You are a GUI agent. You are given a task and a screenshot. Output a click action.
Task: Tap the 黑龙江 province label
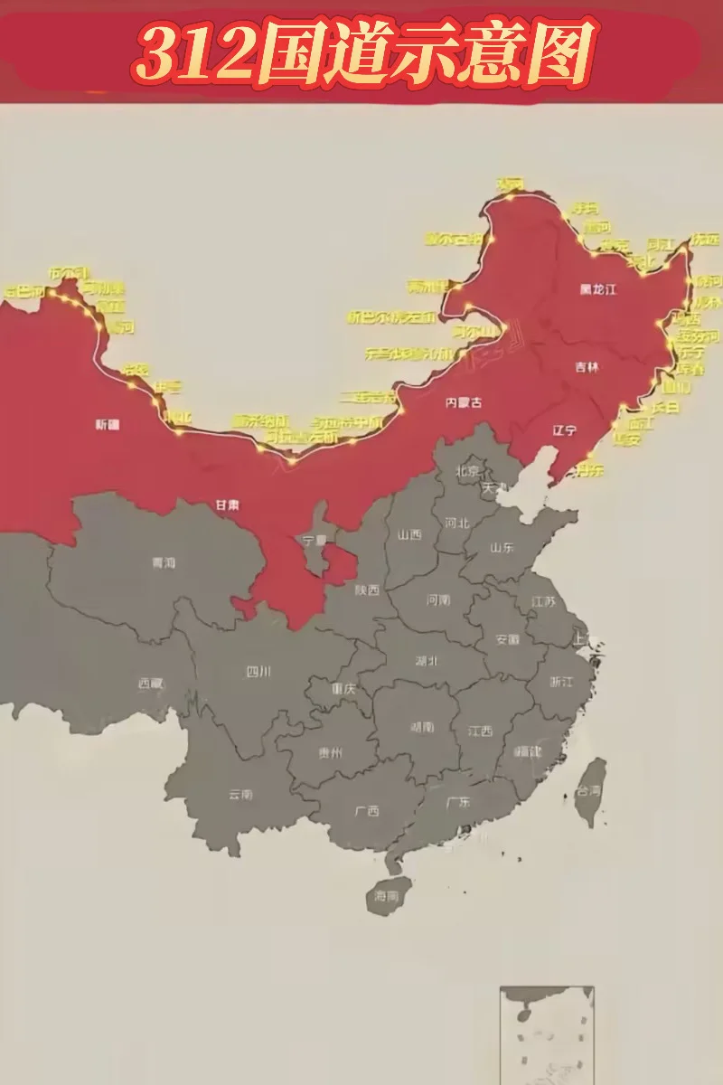pos(597,289)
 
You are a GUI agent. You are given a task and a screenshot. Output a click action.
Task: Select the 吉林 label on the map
pos(587,367)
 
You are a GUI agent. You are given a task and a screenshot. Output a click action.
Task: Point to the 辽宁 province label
pos(565,430)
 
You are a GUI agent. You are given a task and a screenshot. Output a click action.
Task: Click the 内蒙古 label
pos(463,402)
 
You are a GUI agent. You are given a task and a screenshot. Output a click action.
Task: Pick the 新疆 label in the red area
pos(108,423)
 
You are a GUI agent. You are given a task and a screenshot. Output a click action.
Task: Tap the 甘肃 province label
pos(227,505)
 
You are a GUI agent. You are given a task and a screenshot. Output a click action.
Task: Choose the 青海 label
pos(164,562)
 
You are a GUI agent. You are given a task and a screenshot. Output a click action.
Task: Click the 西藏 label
pos(151,684)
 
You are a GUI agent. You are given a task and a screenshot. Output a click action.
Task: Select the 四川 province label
pos(258,671)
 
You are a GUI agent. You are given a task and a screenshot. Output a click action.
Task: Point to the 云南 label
pos(240,795)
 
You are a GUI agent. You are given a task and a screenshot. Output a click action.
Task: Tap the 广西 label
pos(367,811)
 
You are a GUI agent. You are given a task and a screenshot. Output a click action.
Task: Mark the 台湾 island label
pos(589,789)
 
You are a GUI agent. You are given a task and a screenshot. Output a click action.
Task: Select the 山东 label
pos(502,547)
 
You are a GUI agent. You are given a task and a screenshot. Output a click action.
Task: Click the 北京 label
pos(467,470)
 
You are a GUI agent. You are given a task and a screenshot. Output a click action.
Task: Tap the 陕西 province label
pos(367,590)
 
